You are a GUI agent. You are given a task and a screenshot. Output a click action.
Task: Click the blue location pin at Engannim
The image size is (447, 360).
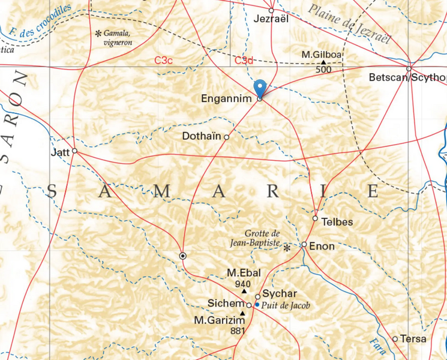point(260,88)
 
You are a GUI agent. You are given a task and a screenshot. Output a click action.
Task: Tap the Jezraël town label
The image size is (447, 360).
point(272,19)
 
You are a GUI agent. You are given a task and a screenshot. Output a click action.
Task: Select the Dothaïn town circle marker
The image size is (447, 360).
point(226,137)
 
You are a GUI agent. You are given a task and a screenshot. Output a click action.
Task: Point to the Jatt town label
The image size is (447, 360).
point(60,152)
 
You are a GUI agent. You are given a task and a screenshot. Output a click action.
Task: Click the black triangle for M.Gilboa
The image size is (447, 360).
point(323,62)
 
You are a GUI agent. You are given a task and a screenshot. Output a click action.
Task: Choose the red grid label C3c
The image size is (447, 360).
point(164,60)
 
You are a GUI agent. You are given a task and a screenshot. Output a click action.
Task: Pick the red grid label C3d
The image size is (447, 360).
point(244,60)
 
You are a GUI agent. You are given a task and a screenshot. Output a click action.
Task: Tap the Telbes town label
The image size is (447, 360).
point(337,221)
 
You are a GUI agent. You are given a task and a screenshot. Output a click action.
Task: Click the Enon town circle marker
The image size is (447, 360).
point(304,245)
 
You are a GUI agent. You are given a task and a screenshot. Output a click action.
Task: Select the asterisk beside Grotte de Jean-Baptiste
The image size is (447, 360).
point(287,247)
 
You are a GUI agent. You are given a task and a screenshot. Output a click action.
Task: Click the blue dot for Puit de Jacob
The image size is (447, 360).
point(257,305)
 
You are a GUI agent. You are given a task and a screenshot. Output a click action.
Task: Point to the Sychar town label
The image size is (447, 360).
point(280,294)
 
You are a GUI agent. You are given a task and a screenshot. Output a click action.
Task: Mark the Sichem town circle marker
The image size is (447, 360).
point(249,305)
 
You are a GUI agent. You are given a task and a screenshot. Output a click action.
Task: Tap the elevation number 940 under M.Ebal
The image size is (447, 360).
point(243,284)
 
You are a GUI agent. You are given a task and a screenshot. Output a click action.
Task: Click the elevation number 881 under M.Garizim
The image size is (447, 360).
point(238,331)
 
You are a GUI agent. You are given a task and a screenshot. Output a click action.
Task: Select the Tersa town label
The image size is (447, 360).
point(414,339)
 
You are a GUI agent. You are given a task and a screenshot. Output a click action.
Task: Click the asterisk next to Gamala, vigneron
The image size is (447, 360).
point(98,34)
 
